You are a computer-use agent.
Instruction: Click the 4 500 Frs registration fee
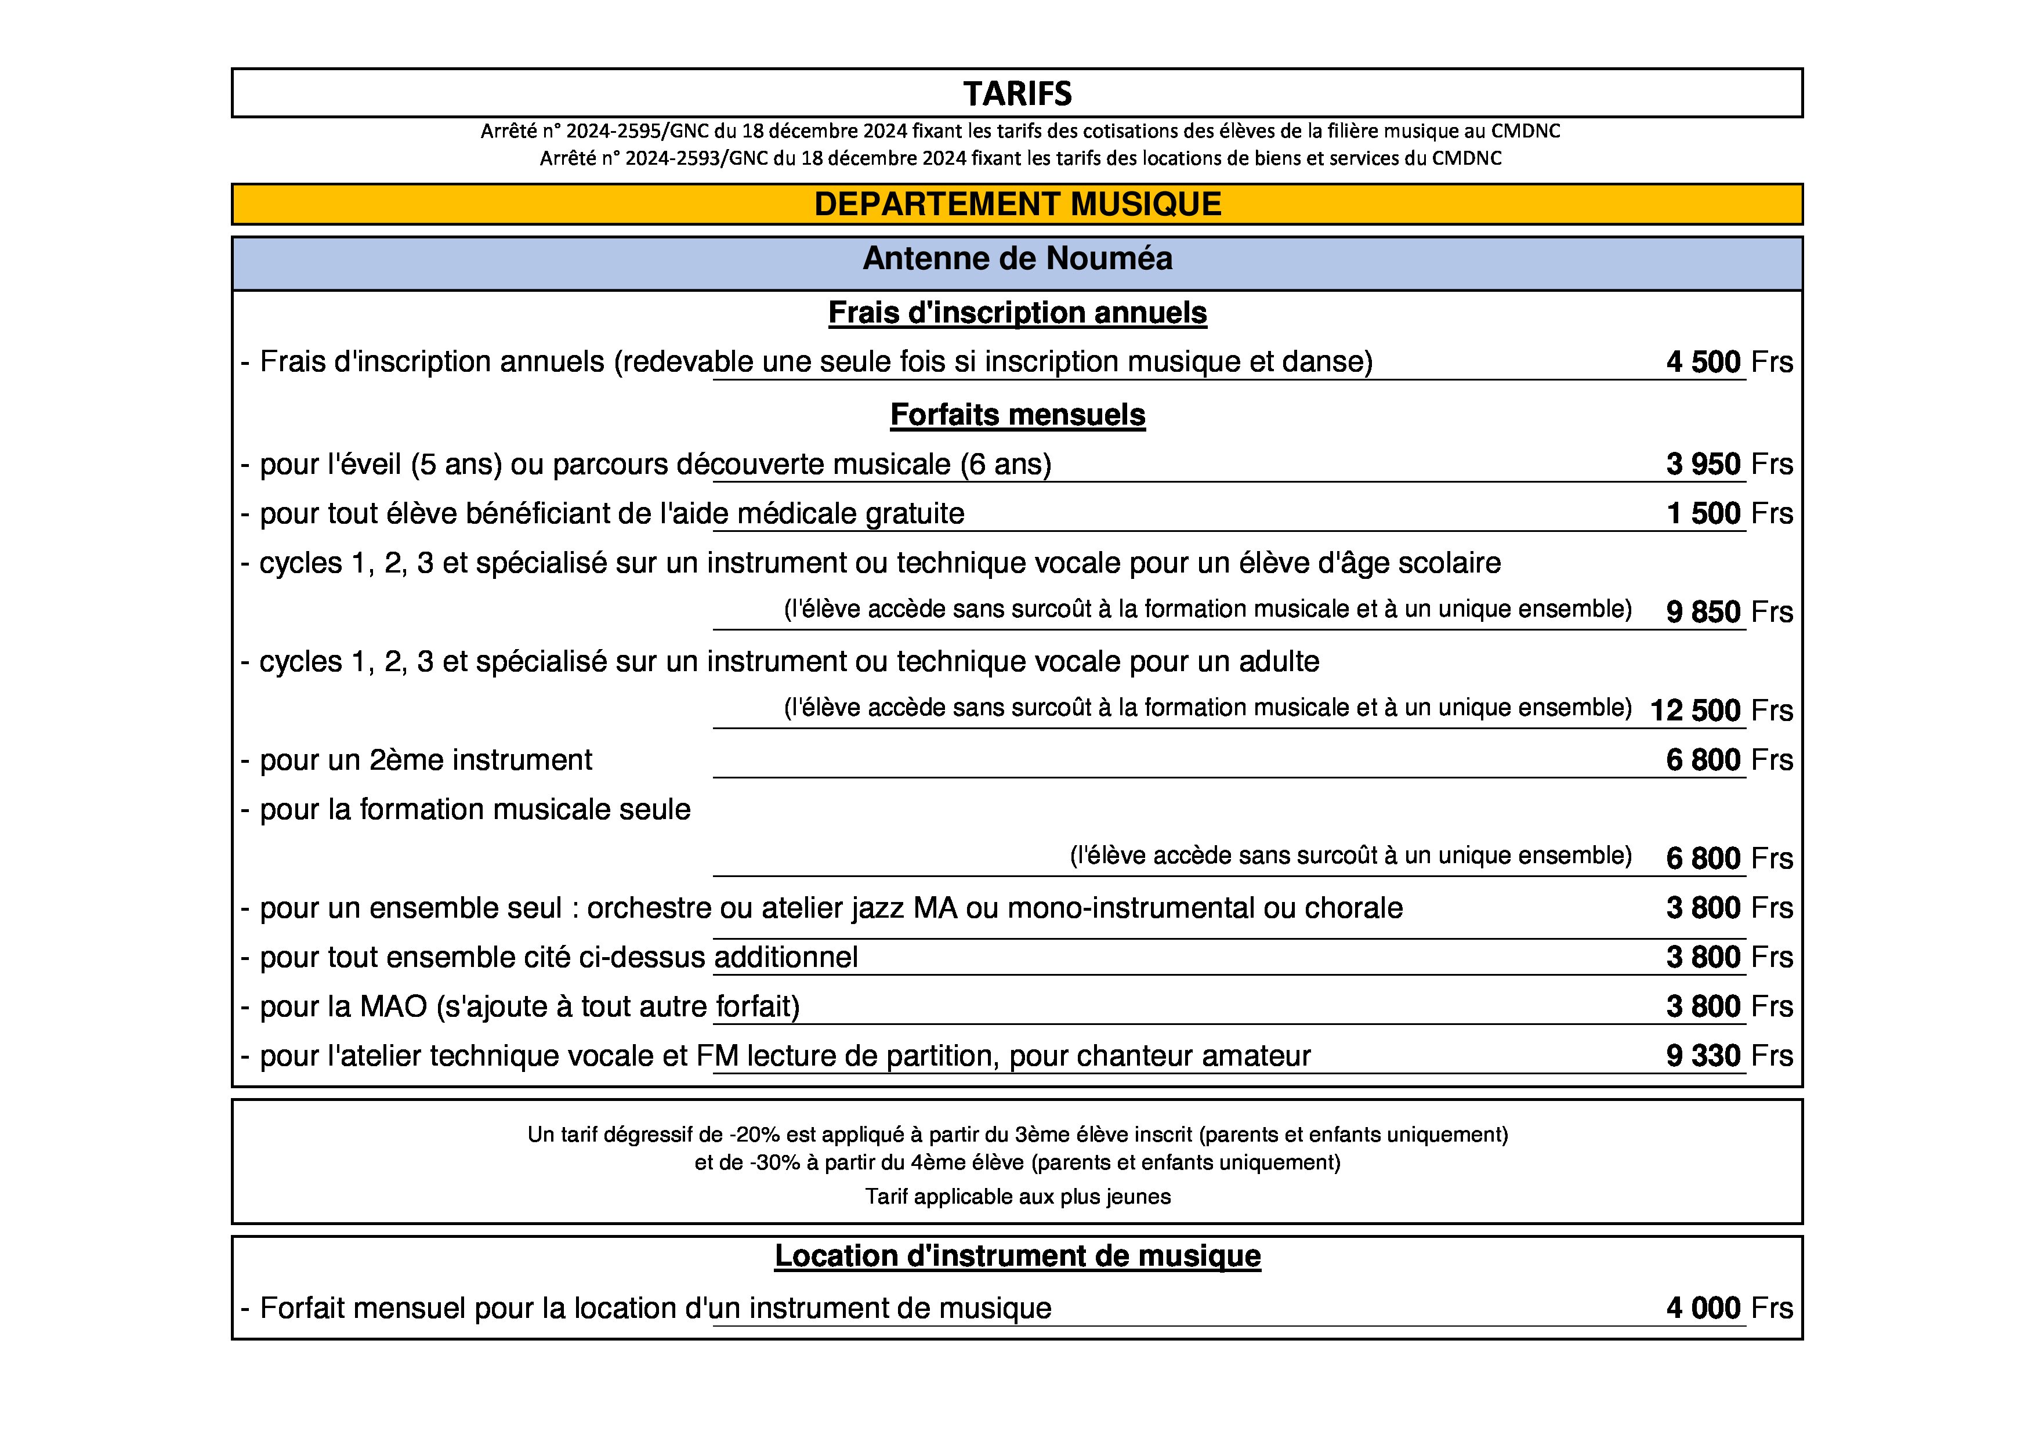[x=1728, y=361]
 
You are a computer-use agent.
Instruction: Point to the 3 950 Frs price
[x=1728, y=464]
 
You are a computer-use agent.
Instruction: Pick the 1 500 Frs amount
[x=1728, y=513]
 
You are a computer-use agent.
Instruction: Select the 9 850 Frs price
[x=1728, y=611]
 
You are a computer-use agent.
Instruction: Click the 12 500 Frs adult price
[x=1719, y=709]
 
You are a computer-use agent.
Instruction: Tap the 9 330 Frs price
[x=1728, y=1055]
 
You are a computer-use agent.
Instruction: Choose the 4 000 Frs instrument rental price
[x=1728, y=1307]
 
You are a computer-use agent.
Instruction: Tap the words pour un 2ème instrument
[x=425, y=760]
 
